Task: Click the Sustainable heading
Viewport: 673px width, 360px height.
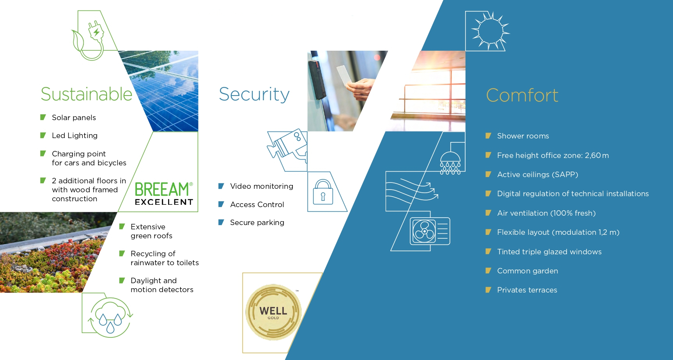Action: [x=87, y=94]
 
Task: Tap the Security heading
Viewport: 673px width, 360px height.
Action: [x=254, y=94]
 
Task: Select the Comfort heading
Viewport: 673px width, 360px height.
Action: [x=522, y=96]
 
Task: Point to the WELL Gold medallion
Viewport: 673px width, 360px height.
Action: [x=273, y=312]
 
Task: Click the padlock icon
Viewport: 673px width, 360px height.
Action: [x=323, y=192]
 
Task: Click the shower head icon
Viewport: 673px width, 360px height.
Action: [x=450, y=160]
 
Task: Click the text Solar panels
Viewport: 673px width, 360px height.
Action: [x=74, y=118]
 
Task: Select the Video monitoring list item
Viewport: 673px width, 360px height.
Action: [x=262, y=186]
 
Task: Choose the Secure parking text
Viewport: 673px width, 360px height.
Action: [x=257, y=223]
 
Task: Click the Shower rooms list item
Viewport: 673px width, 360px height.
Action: [x=523, y=136]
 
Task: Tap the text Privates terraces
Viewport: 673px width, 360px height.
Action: [x=527, y=290]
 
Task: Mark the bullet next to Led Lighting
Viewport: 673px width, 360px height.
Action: [x=43, y=135]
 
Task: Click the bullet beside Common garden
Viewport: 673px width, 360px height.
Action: [x=488, y=271]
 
